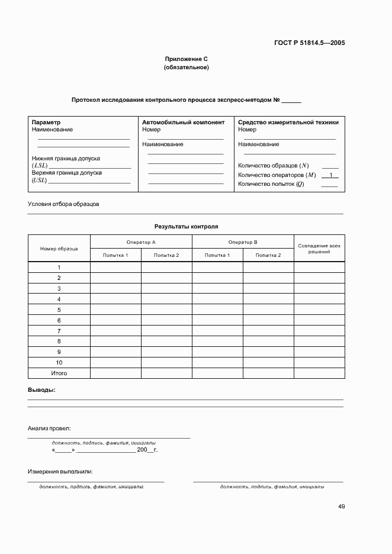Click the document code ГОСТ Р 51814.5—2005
310,43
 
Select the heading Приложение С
186,59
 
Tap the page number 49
342,506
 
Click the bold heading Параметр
46,123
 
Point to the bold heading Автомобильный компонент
183,123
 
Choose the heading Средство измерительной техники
288,123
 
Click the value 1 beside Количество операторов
330,175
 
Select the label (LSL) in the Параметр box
40,166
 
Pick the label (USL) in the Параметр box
40,180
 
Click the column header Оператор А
141,242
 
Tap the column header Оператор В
243,242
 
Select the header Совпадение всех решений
319,249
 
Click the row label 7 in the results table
59,331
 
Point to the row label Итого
59,373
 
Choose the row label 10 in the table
59,363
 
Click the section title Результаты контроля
186,226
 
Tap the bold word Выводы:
42,390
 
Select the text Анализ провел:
49,428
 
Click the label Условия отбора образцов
63,204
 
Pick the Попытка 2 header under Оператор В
268,255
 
